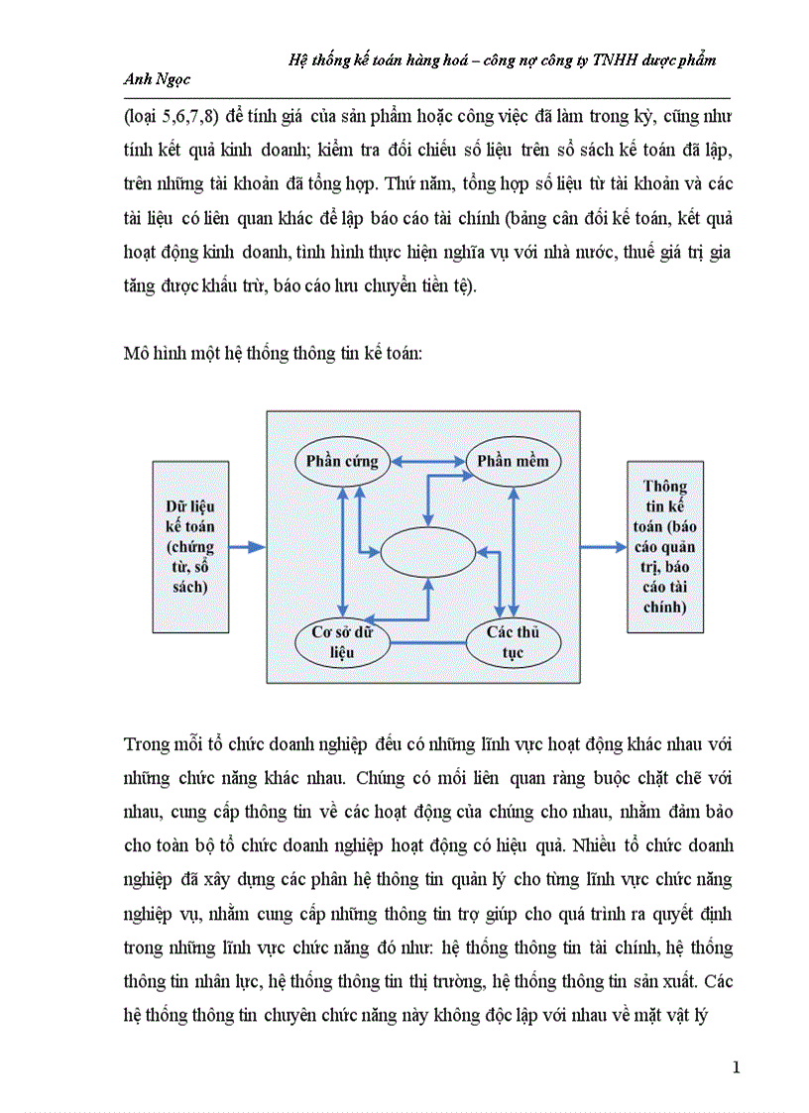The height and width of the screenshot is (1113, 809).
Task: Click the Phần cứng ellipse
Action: click(337, 461)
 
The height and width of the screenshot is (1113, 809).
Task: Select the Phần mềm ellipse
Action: click(513, 461)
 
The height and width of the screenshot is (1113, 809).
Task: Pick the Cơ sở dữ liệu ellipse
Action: click(342, 643)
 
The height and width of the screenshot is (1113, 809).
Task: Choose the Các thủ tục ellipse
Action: click(512, 643)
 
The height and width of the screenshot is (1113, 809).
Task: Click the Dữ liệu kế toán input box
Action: click(190, 546)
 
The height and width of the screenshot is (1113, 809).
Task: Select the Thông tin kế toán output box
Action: click(665, 546)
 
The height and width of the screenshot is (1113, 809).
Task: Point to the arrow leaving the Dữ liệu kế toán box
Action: click(248, 546)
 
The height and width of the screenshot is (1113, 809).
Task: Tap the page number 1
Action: click(735, 1067)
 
